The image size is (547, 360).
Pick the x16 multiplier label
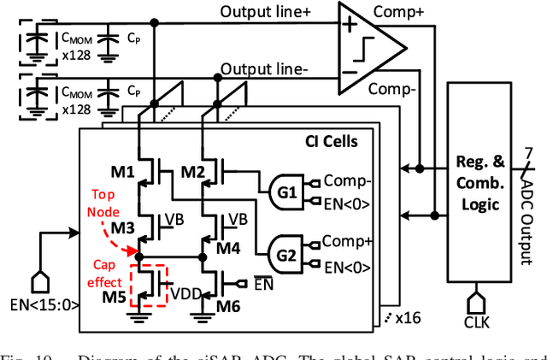[x=408, y=317]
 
